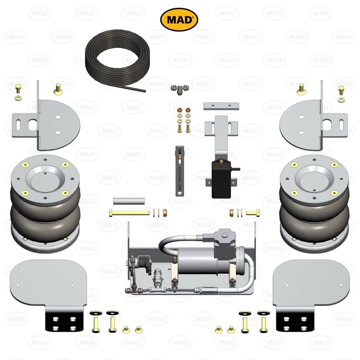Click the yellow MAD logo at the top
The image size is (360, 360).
pyautogui.click(x=179, y=20)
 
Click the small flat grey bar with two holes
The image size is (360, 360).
pyautogui.click(x=221, y=106)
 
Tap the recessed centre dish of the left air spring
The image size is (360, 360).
pyautogui.click(x=46, y=177)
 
